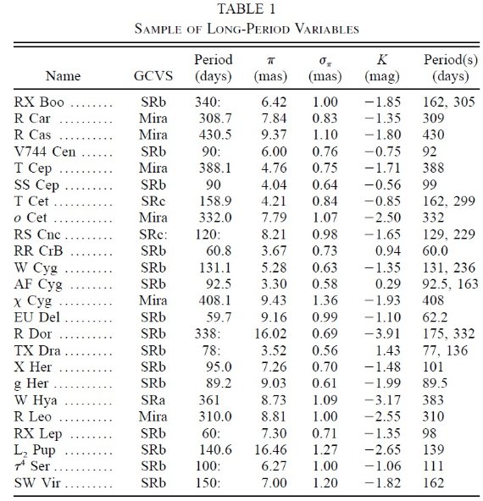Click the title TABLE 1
coord(247,8)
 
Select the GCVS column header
coord(153,76)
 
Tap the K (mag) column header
coord(382,68)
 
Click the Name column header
coord(63,76)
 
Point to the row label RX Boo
coord(39,102)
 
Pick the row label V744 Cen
coord(45,151)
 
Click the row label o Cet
coord(31,217)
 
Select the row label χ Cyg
coord(33,300)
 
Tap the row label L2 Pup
coord(35,450)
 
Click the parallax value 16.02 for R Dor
coord(270,333)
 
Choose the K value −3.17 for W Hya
coord(382,400)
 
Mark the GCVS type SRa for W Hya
coord(153,400)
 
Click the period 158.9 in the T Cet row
coord(215,201)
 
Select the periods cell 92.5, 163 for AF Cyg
coord(450,284)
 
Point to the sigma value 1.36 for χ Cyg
coord(325,300)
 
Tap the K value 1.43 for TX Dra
coord(388,350)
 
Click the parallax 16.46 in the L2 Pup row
coord(270,450)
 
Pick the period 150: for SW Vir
coord(208,482)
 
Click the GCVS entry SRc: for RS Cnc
coord(153,234)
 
